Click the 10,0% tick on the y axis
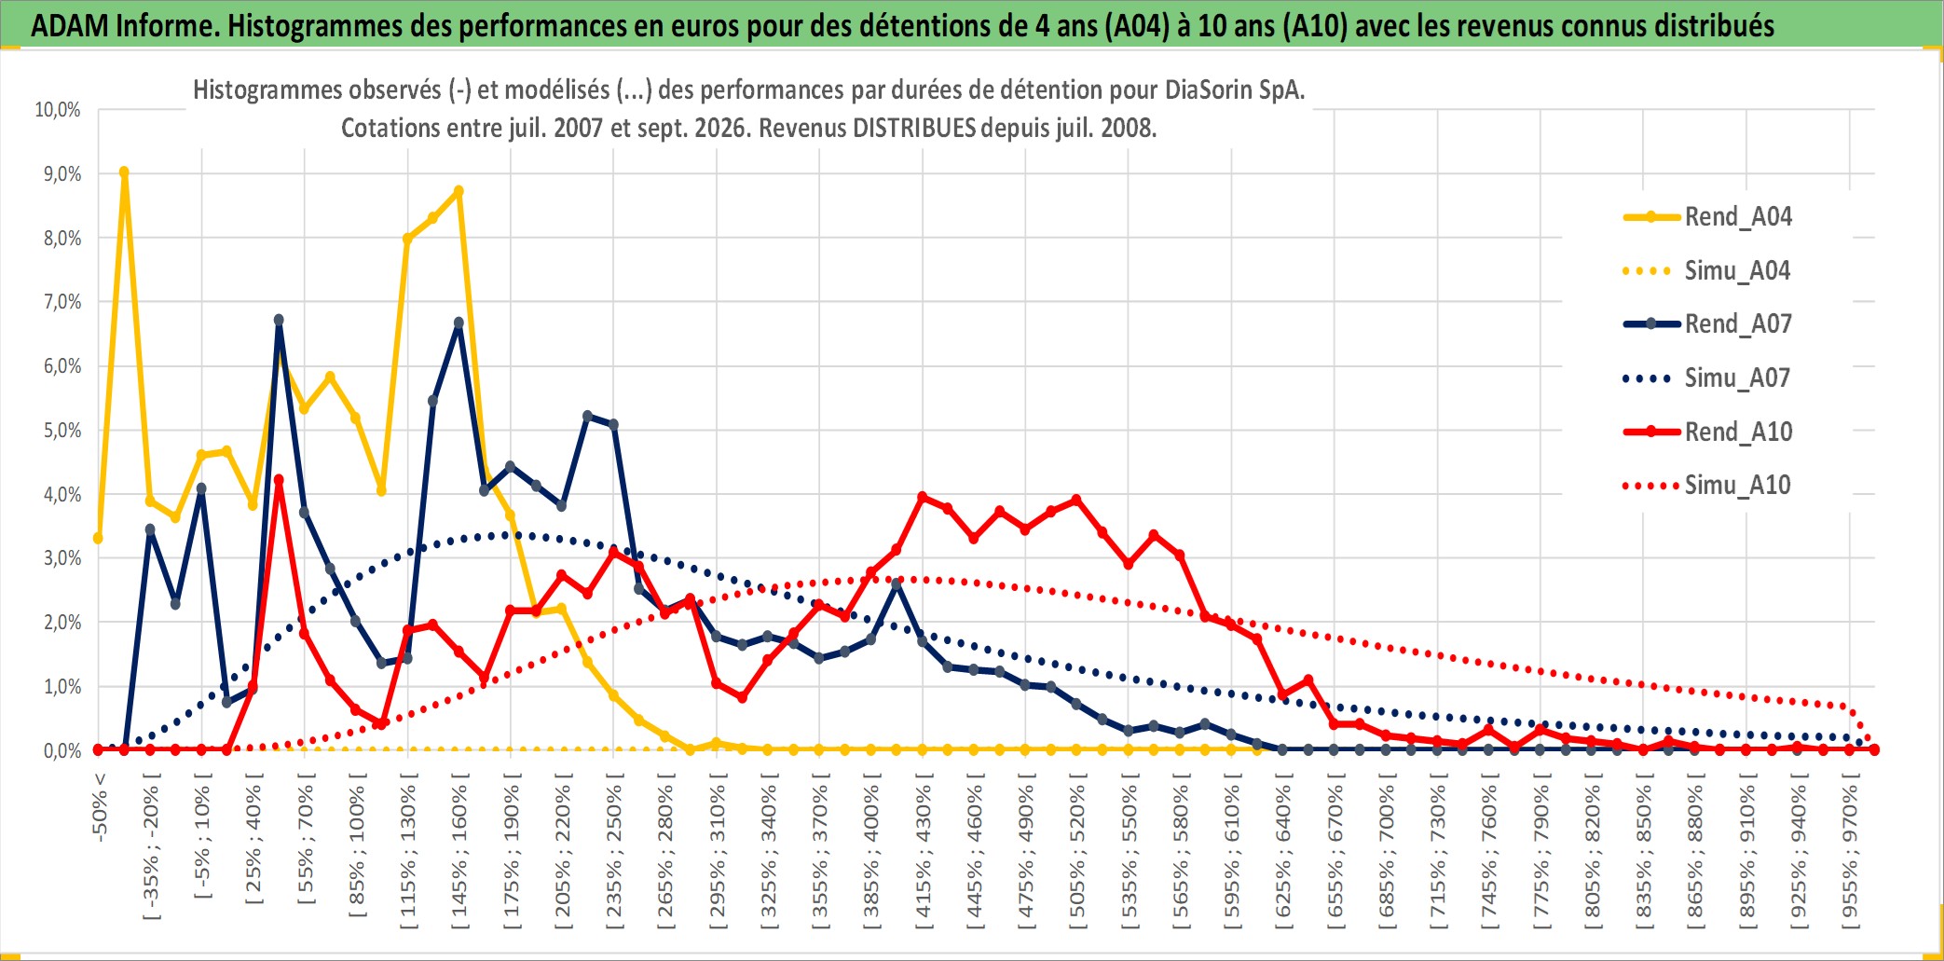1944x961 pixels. pos(58,110)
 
